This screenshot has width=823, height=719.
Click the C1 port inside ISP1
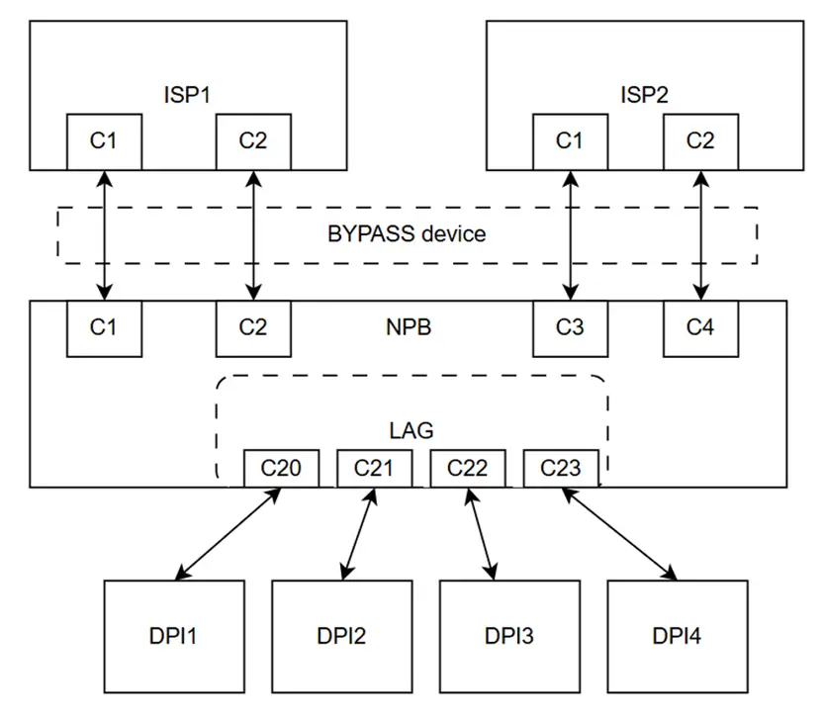(x=104, y=140)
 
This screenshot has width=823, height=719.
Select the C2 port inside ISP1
(x=254, y=140)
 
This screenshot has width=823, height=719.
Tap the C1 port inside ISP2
(x=570, y=140)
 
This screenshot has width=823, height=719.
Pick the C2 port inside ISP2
(x=700, y=140)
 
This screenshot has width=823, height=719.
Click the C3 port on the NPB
(x=570, y=327)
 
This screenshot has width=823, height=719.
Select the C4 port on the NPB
(x=700, y=327)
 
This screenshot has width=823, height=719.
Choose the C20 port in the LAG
(x=282, y=467)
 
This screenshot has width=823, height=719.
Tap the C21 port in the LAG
(x=374, y=467)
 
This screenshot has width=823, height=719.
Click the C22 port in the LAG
(x=467, y=467)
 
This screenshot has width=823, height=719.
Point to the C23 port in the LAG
(x=560, y=467)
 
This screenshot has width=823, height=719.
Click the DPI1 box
(x=174, y=636)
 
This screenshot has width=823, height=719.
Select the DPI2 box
(x=341, y=636)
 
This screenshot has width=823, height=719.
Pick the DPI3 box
(x=509, y=636)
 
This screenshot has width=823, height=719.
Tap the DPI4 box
(x=677, y=636)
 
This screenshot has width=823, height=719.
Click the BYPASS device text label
(x=407, y=234)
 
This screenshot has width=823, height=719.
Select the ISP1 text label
(x=188, y=95)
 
